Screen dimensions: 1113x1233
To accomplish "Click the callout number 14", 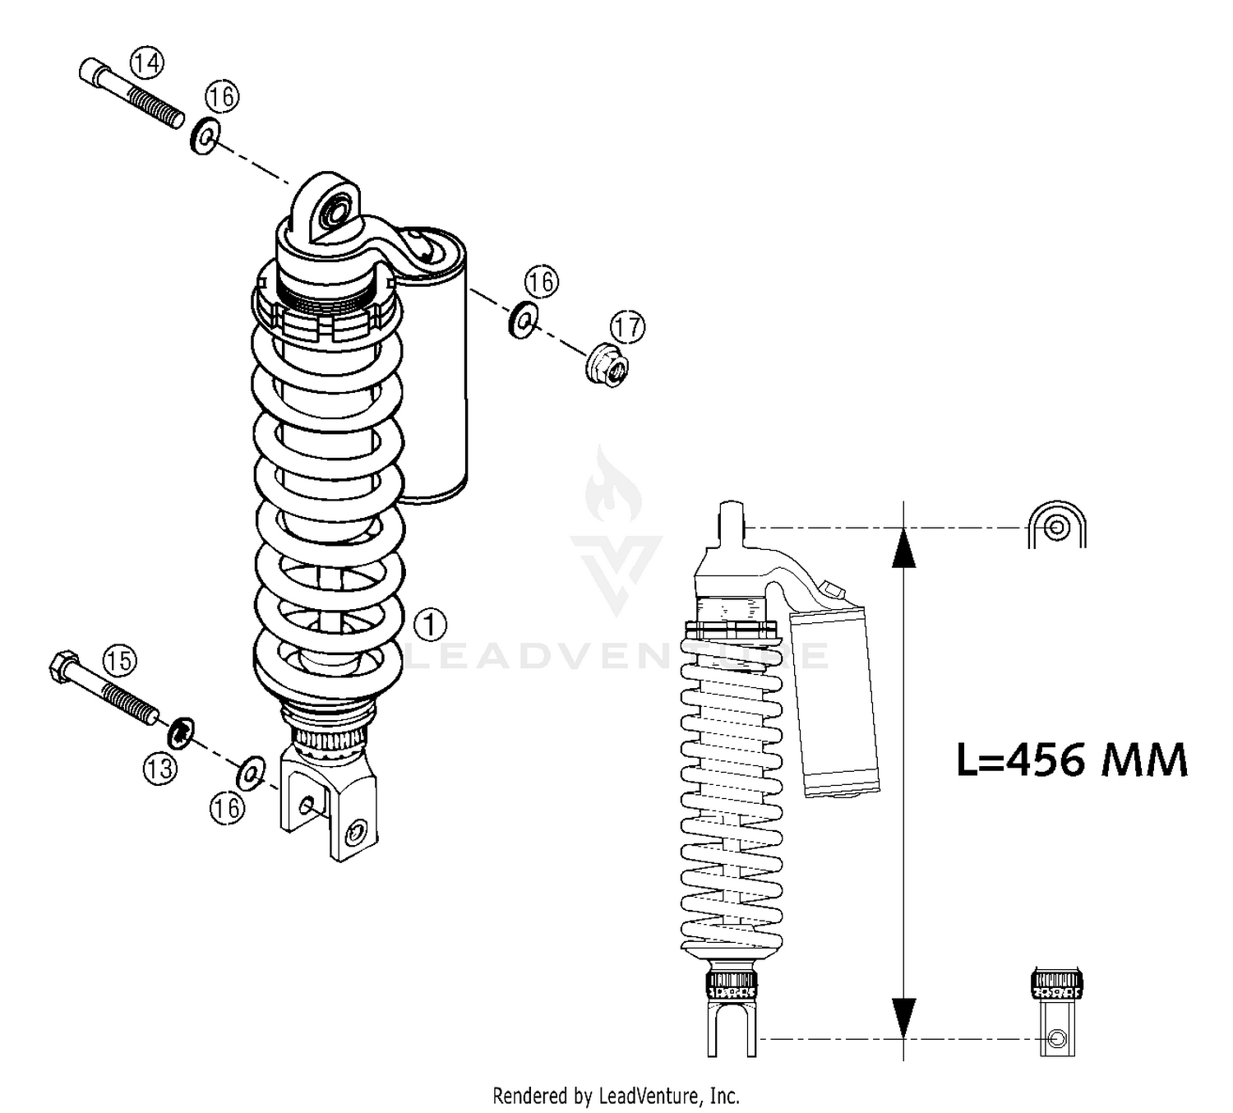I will [147, 62].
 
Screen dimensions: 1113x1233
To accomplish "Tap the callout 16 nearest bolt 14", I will [221, 97].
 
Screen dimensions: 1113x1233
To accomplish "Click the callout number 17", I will [627, 327].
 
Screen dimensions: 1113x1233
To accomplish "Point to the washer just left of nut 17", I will [522, 320].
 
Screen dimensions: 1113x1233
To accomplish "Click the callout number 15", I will [119, 660].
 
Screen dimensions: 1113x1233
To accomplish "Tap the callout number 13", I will [159, 769].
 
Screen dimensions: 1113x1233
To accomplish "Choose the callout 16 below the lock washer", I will [227, 808].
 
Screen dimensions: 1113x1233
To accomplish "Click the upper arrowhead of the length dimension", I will [903, 549].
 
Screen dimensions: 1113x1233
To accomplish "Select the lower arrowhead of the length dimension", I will [903, 1018].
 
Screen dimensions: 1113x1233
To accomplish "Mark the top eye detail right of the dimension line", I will [1056, 526].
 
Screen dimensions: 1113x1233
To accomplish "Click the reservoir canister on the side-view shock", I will [834, 703].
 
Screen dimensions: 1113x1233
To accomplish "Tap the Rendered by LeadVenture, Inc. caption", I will [616, 1096].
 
